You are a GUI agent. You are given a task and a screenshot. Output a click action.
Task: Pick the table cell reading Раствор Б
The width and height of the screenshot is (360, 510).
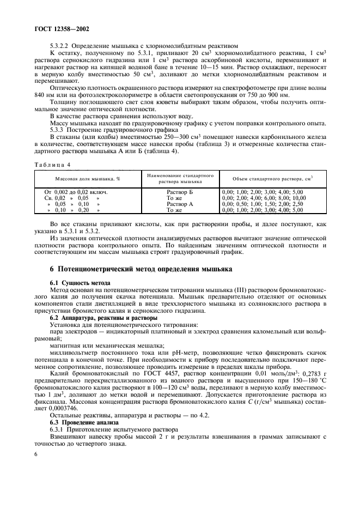(180, 192)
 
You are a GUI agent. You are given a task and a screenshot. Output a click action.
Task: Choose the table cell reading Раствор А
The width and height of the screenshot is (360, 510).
(180, 204)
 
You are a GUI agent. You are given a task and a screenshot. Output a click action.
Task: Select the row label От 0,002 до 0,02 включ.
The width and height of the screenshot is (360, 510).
(76, 192)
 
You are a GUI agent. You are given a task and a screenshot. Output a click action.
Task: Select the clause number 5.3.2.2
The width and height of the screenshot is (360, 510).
(60, 46)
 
